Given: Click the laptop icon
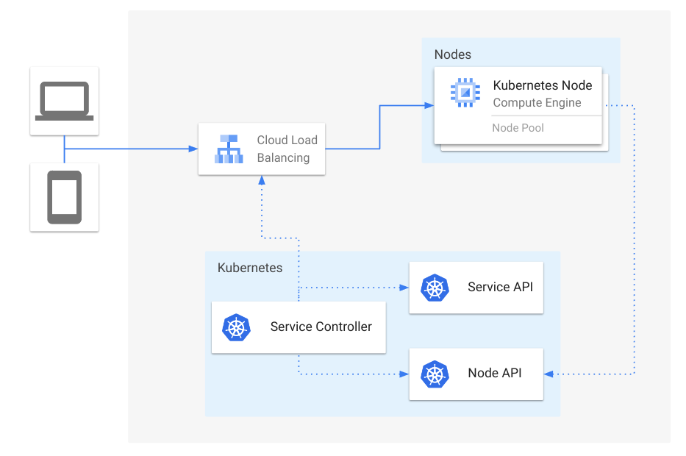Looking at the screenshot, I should click(65, 101).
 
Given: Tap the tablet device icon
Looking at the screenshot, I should click(65, 197).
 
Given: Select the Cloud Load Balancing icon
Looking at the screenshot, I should click(229, 149).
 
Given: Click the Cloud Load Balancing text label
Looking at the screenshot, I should click(287, 149).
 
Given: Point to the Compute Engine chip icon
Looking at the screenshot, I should click(465, 92).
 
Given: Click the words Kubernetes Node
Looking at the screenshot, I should click(542, 85).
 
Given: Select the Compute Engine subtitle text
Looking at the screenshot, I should click(537, 103).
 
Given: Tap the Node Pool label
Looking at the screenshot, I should click(518, 128).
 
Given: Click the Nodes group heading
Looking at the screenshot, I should click(452, 54).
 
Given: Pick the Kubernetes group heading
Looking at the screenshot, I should click(249, 268).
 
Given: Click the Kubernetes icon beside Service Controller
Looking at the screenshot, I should click(236, 327).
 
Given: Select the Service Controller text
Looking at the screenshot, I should click(321, 327).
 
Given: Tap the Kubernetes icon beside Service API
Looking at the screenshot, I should click(435, 288).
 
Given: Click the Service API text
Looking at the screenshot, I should click(499, 287).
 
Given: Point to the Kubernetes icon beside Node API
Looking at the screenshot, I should click(435, 374).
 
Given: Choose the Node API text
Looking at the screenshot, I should click(494, 373).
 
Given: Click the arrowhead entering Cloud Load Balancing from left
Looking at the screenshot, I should click(193, 149).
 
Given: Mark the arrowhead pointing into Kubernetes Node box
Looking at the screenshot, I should click(429, 106).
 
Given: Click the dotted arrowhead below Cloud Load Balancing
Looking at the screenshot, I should click(261, 181).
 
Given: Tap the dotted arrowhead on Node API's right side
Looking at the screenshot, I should click(549, 374).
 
